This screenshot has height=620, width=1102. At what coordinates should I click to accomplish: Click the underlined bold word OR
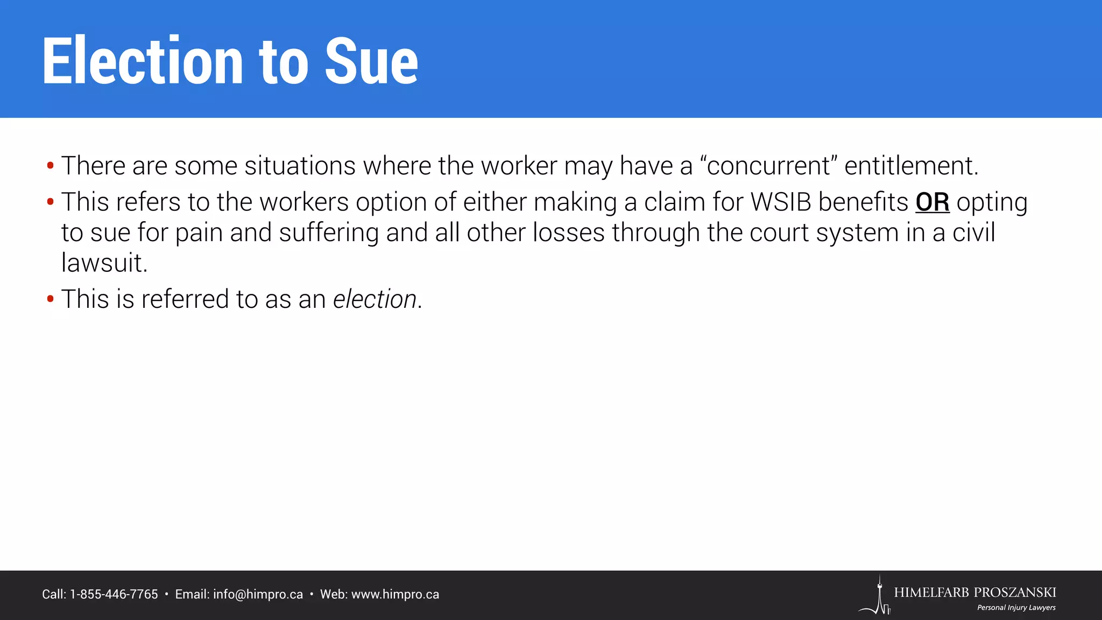tap(932, 202)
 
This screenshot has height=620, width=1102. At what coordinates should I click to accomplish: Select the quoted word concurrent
tap(768, 166)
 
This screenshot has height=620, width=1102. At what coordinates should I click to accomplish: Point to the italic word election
tap(375, 299)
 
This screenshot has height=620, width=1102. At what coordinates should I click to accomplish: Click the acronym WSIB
tap(781, 202)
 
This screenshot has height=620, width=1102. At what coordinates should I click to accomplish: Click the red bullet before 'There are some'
tap(50, 166)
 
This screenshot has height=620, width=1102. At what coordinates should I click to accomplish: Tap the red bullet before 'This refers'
tap(50, 202)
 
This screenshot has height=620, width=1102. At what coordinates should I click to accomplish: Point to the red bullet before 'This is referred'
tap(50, 299)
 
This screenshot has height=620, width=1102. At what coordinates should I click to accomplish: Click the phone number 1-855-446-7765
tap(114, 595)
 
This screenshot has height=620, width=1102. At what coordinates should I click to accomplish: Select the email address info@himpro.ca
tap(258, 595)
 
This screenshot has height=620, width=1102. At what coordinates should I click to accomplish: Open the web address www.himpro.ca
tap(395, 595)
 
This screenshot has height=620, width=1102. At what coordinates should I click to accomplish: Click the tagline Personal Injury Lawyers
tap(1016, 608)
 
